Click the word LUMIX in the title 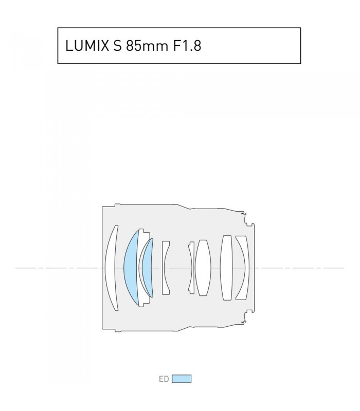tap(87, 46)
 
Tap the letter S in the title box tap(118, 46)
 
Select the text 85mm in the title tap(147, 46)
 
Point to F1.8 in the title tap(187, 46)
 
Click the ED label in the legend tap(164, 379)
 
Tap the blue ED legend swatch tap(182, 379)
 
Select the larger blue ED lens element tap(131, 268)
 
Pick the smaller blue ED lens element tap(148, 268)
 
